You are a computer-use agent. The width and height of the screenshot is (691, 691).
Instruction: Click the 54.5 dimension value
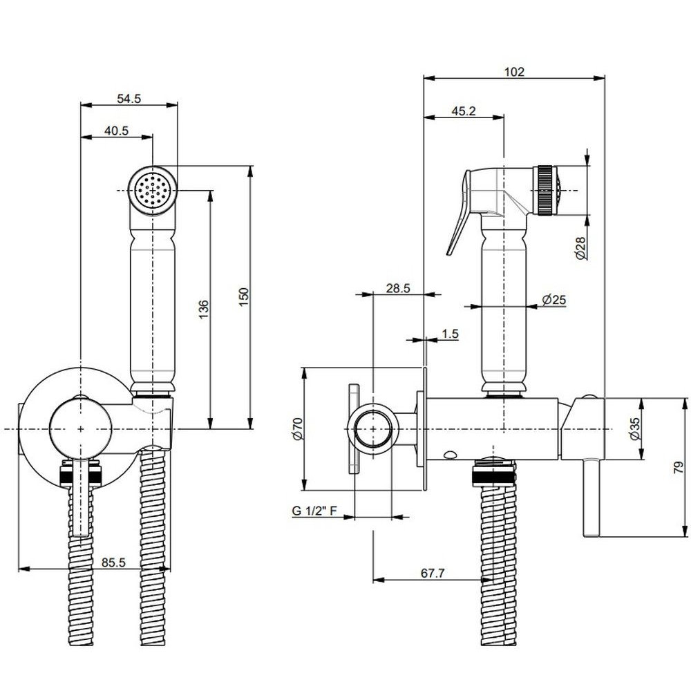point(129,99)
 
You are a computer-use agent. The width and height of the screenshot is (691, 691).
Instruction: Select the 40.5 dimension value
point(117,131)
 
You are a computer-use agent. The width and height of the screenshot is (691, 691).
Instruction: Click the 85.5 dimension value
point(113,563)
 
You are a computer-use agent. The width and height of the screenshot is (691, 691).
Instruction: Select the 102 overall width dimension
point(514,71)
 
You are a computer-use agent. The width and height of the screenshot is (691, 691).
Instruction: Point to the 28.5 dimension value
point(398,289)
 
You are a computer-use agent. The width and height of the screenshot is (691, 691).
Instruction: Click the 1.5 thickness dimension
point(450,334)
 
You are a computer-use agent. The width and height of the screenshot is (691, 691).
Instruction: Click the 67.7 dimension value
point(431,573)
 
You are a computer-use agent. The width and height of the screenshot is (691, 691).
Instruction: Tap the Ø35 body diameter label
point(634,428)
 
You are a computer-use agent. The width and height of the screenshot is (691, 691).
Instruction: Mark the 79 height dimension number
point(680,468)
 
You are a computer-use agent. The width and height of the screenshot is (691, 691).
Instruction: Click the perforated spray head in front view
point(153,188)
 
